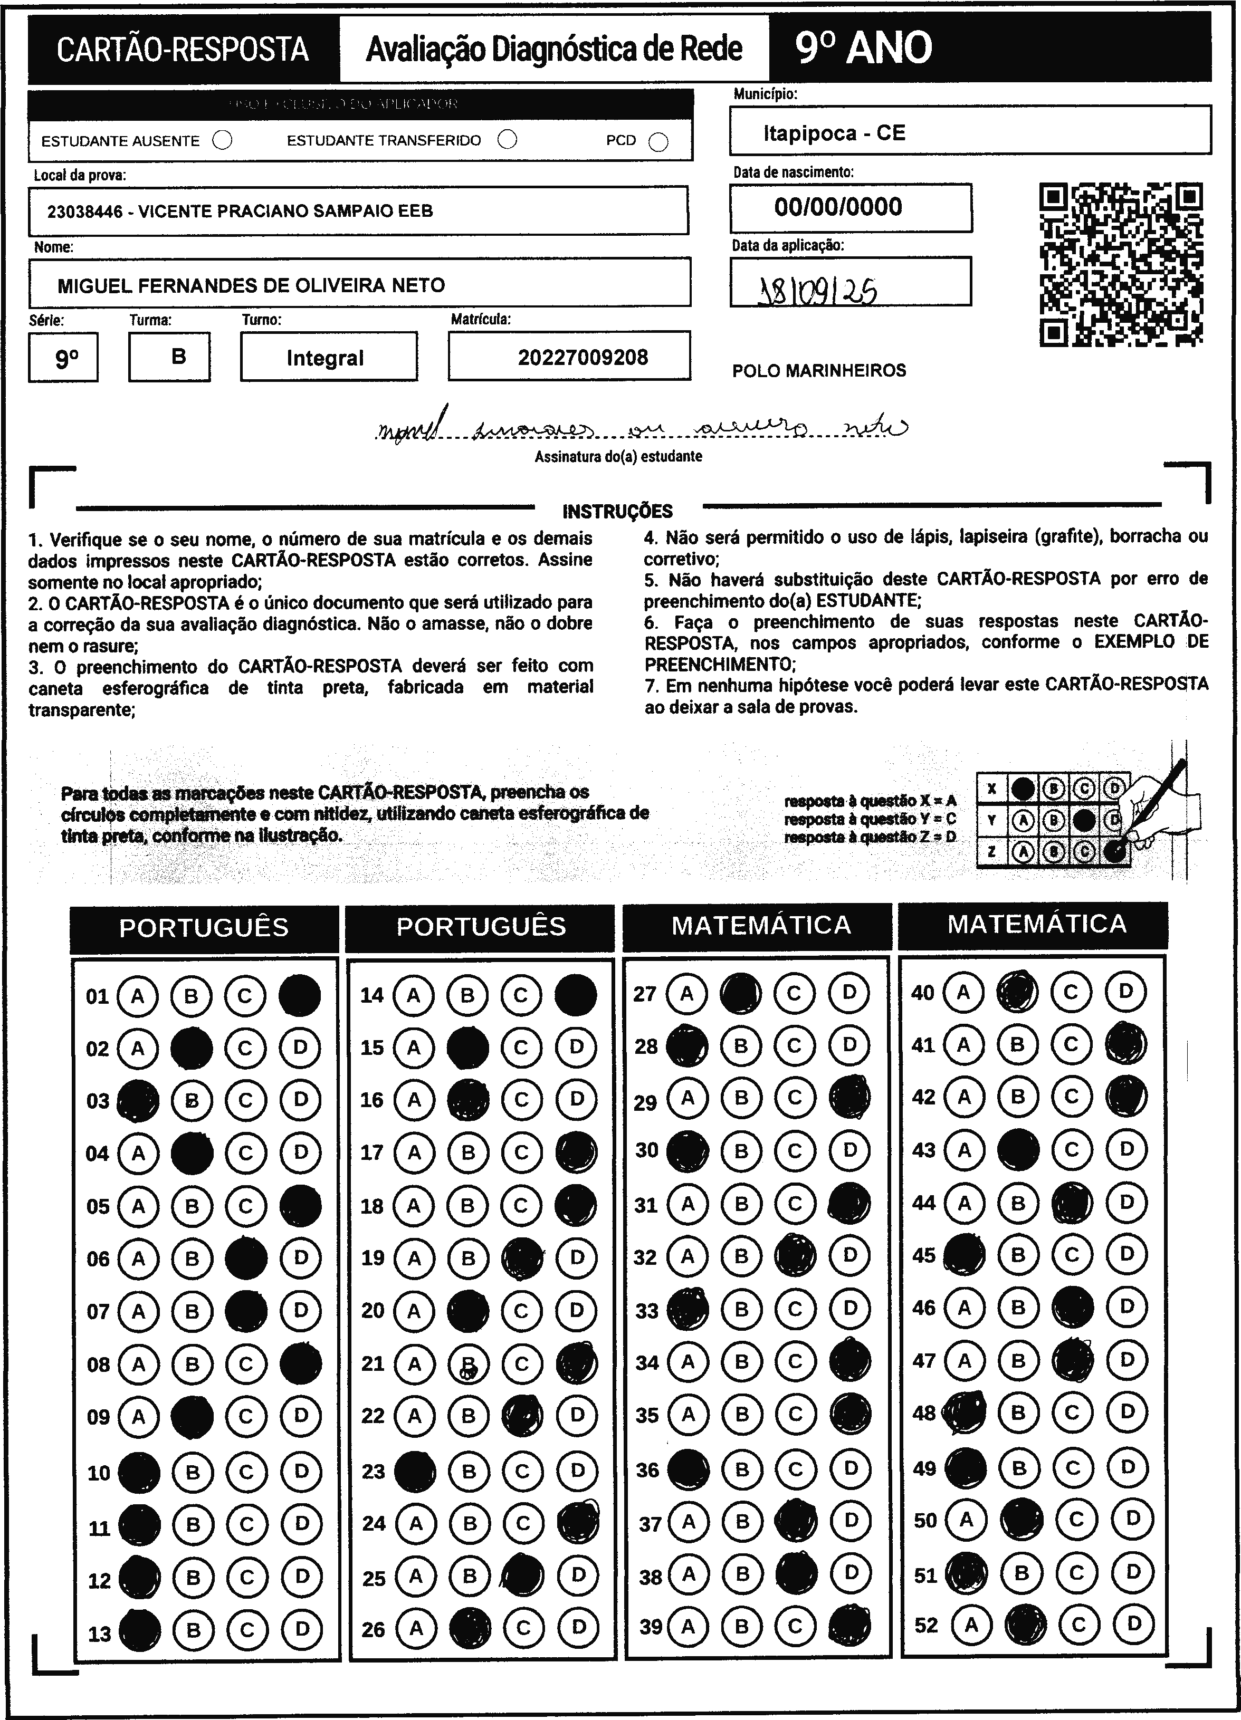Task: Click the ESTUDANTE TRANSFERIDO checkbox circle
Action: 508,140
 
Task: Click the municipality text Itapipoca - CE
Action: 834,133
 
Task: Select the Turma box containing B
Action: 178,357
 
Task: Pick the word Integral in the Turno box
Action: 326,358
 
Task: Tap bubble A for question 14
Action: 414,995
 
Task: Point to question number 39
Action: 650,1626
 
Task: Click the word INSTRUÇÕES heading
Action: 617,511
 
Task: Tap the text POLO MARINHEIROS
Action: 819,371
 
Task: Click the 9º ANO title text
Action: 863,49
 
